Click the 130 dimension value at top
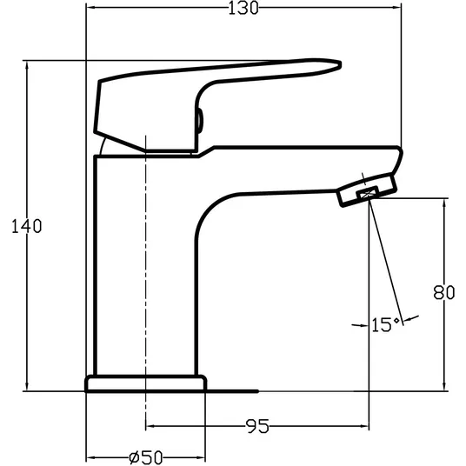(243, 8)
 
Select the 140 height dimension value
(27, 226)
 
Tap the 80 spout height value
(444, 292)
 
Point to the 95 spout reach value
(258, 426)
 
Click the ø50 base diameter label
(147, 457)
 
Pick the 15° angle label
(385, 324)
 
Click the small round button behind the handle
(199, 121)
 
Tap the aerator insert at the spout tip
(369, 193)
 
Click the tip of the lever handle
(341, 64)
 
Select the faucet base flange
(146, 383)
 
